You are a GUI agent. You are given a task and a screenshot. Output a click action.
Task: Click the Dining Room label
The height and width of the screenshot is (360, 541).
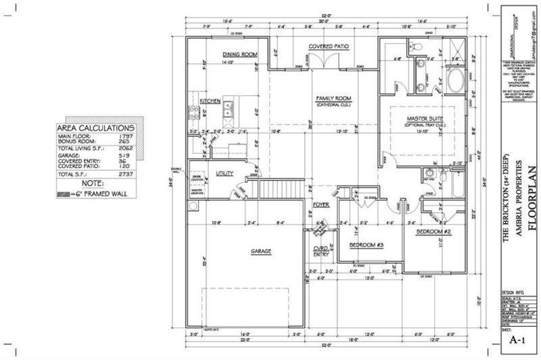point(237,54)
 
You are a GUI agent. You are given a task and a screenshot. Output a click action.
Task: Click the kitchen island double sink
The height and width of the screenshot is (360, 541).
point(229,108)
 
